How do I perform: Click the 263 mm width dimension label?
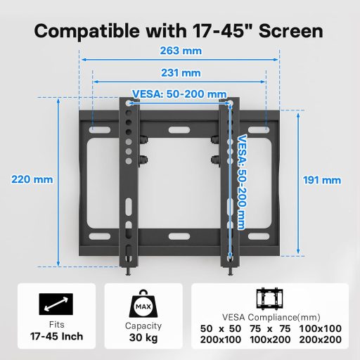click(x=180, y=51)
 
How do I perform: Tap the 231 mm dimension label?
click(x=180, y=72)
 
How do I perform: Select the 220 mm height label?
click(x=32, y=179)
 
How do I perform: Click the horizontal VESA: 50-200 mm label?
click(x=179, y=94)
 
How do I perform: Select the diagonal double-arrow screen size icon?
click(x=56, y=305)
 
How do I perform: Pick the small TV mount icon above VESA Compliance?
click(x=270, y=299)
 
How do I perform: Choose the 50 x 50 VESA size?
click(x=221, y=329)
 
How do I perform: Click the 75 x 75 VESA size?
click(x=270, y=329)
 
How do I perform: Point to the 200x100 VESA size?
click(x=221, y=340)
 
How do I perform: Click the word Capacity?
click(x=143, y=326)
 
